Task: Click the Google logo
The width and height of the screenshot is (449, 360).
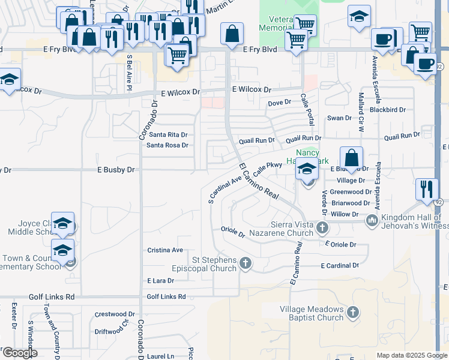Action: coord(20,353)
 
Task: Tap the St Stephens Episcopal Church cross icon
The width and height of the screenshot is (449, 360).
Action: coord(245,262)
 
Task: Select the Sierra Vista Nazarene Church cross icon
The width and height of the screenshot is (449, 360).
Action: coord(322,227)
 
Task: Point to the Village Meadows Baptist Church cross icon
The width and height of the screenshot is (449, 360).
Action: coord(353,312)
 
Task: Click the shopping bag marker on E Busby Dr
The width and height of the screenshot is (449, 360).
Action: coord(351,159)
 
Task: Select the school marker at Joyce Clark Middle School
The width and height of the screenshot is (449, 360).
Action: coord(62,224)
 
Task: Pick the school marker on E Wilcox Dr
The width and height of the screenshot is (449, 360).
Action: coord(9,80)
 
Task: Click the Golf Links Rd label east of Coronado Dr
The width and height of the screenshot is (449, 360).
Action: coord(166,296)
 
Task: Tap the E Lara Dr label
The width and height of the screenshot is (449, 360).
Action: coord(160,280)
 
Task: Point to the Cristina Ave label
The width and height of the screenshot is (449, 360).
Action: coord(165,250)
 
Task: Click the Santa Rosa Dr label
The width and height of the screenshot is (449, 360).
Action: coord(167,145)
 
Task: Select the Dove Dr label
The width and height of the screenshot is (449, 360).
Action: coord(279,103)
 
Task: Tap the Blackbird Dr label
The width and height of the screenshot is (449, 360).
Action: coord(388,110)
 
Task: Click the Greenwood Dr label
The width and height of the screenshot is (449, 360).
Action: coord(351,192)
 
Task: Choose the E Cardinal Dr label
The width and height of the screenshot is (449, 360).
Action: coord(339,265)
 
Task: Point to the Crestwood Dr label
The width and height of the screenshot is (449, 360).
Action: coord(115,314)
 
